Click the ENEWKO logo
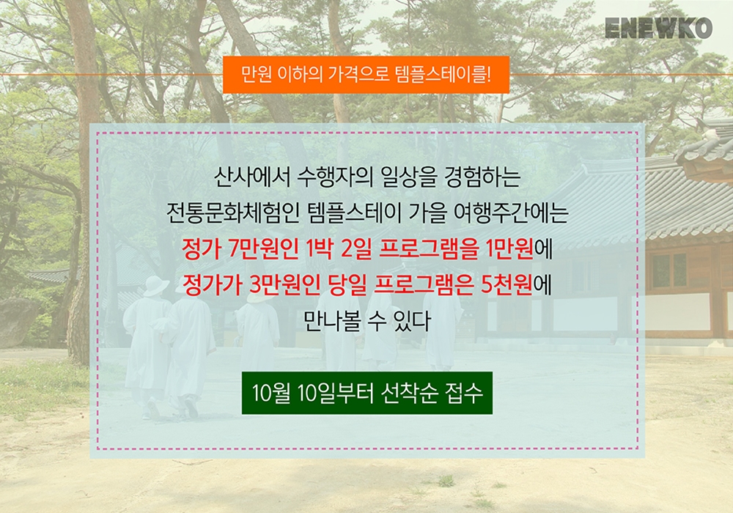[658, 28]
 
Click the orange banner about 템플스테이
[366, 75]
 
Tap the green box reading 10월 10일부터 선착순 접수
[367, 393]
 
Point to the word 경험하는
[482, 177]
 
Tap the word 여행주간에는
[511, 213]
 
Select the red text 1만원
[509, 249]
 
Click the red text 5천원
[507, 284]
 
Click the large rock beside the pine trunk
[18, 322]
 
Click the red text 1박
[319, 249]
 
